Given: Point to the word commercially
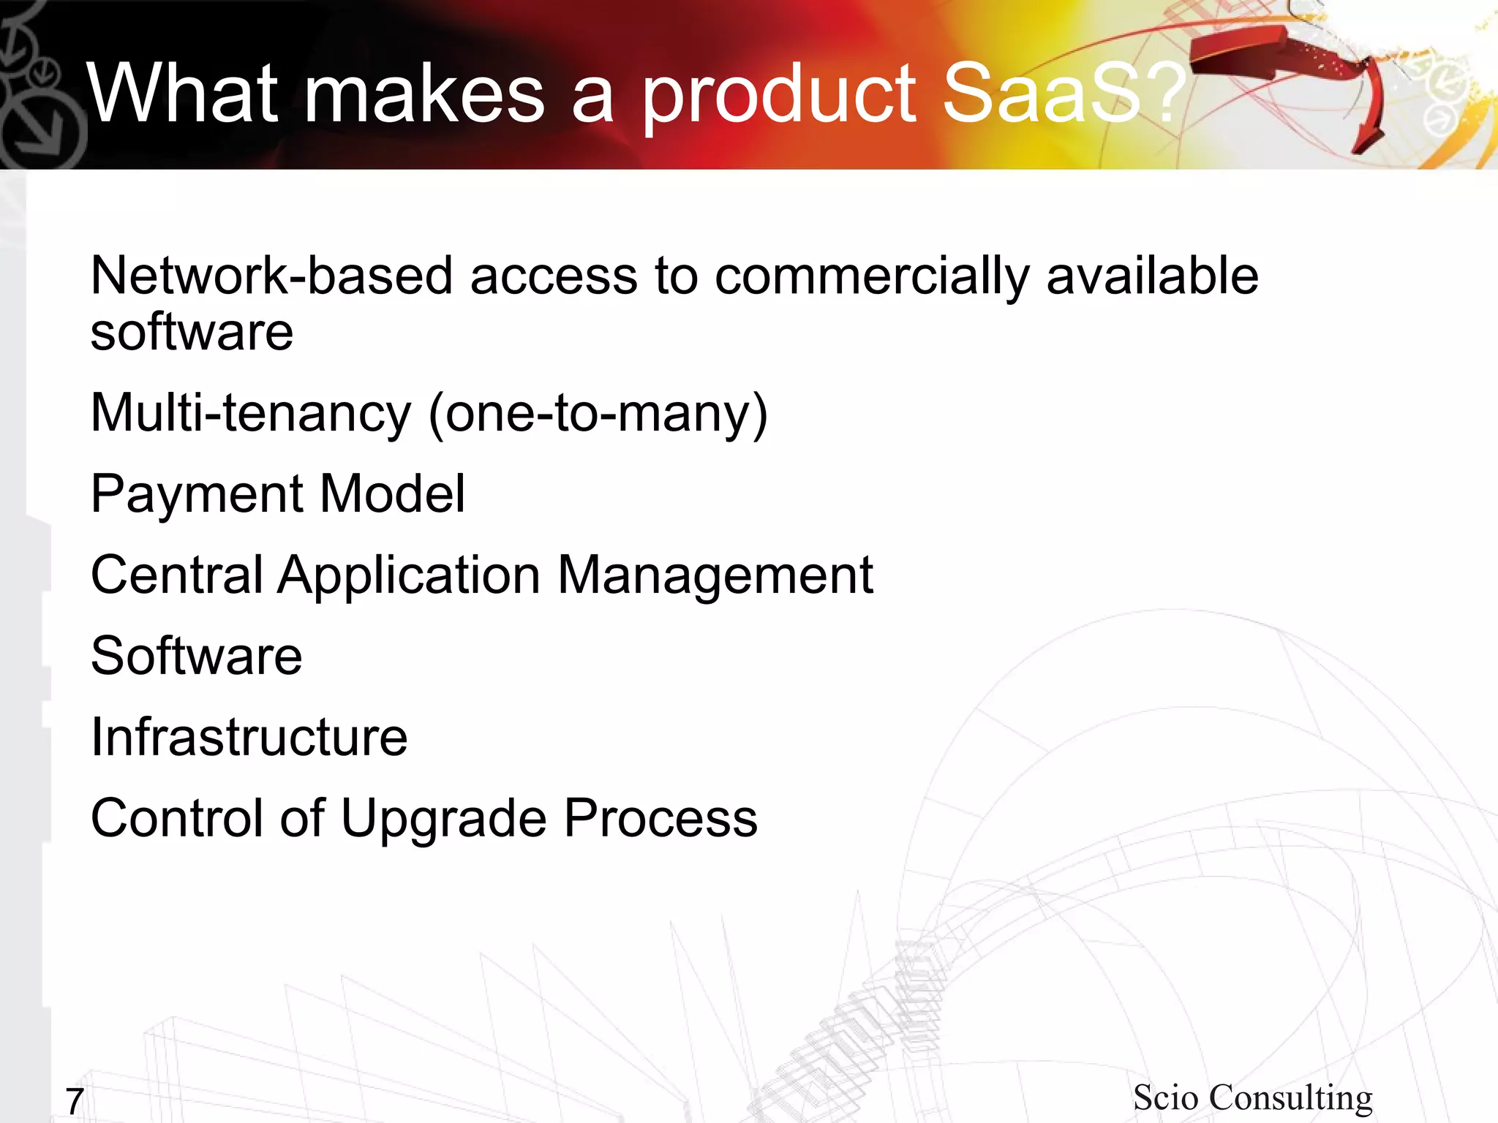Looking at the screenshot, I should click(871, 278).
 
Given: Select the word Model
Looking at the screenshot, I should click(392, 494).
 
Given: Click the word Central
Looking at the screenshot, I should click(176, 575).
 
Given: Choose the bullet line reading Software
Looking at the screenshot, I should click(196, 656).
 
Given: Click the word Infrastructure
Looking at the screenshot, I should click(249, 737).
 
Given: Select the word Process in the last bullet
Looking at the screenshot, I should click(660, 818).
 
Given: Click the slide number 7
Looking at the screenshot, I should click(75, 1101).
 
